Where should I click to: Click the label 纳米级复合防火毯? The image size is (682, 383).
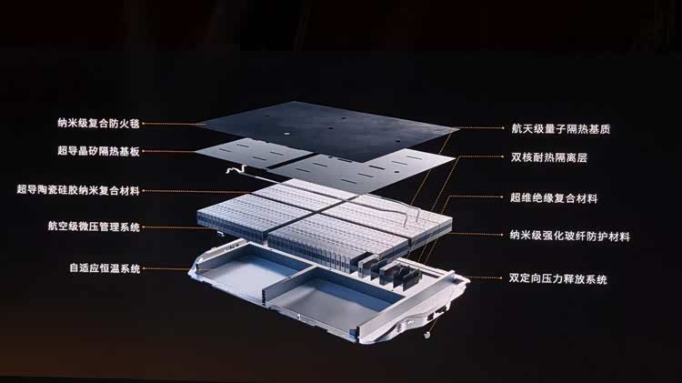(x=99, y=123)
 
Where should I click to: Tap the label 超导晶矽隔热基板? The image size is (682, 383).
(x=99, y=151)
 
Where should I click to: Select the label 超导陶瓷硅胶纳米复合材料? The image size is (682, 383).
(x=78, y=190)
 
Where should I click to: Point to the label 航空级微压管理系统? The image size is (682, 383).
(x=94, y=227)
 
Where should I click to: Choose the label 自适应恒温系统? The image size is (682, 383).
(x=105, y=268)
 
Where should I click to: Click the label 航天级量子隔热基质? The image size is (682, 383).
(x=561, y=128)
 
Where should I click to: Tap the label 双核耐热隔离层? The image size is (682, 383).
(x=549, y=157)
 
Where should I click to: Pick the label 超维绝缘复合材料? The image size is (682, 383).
(x=554, y=198)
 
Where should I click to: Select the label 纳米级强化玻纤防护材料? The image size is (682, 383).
(x=570, y=237)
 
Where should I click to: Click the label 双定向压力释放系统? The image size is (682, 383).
(x=558, y=278)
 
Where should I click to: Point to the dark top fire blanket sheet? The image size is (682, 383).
(x=326, y=131)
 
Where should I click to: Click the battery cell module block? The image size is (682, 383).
(x=324, y=222)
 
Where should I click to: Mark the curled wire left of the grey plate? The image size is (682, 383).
(x=237, y=169)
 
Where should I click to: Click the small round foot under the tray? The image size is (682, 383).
(x=427, y=335)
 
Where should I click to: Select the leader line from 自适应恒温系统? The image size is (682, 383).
(x=167, y=269)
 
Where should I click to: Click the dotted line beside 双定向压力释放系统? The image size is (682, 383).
(x=485, y=277)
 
